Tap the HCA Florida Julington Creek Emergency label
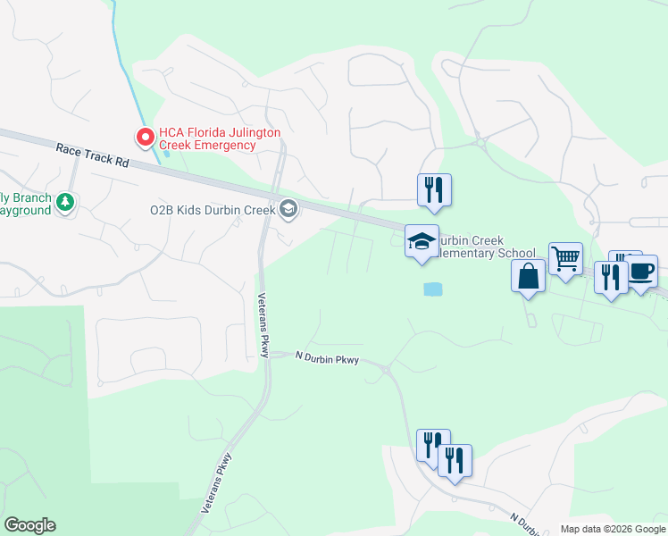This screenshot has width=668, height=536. pos(220,138)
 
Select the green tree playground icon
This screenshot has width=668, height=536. pos(64,204)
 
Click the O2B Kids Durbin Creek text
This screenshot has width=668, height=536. pos(212,210)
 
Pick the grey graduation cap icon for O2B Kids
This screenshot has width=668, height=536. pos(288,210)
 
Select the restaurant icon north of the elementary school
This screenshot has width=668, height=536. pos(434,190)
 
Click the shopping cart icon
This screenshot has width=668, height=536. pos(565,259)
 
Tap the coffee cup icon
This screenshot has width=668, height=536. pos(641,271)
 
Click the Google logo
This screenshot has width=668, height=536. pos(29,525)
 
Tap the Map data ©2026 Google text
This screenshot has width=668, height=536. pos(613,529)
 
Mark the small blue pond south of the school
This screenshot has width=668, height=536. pos(432,289)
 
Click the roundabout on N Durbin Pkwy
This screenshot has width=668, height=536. pos(385,368)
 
